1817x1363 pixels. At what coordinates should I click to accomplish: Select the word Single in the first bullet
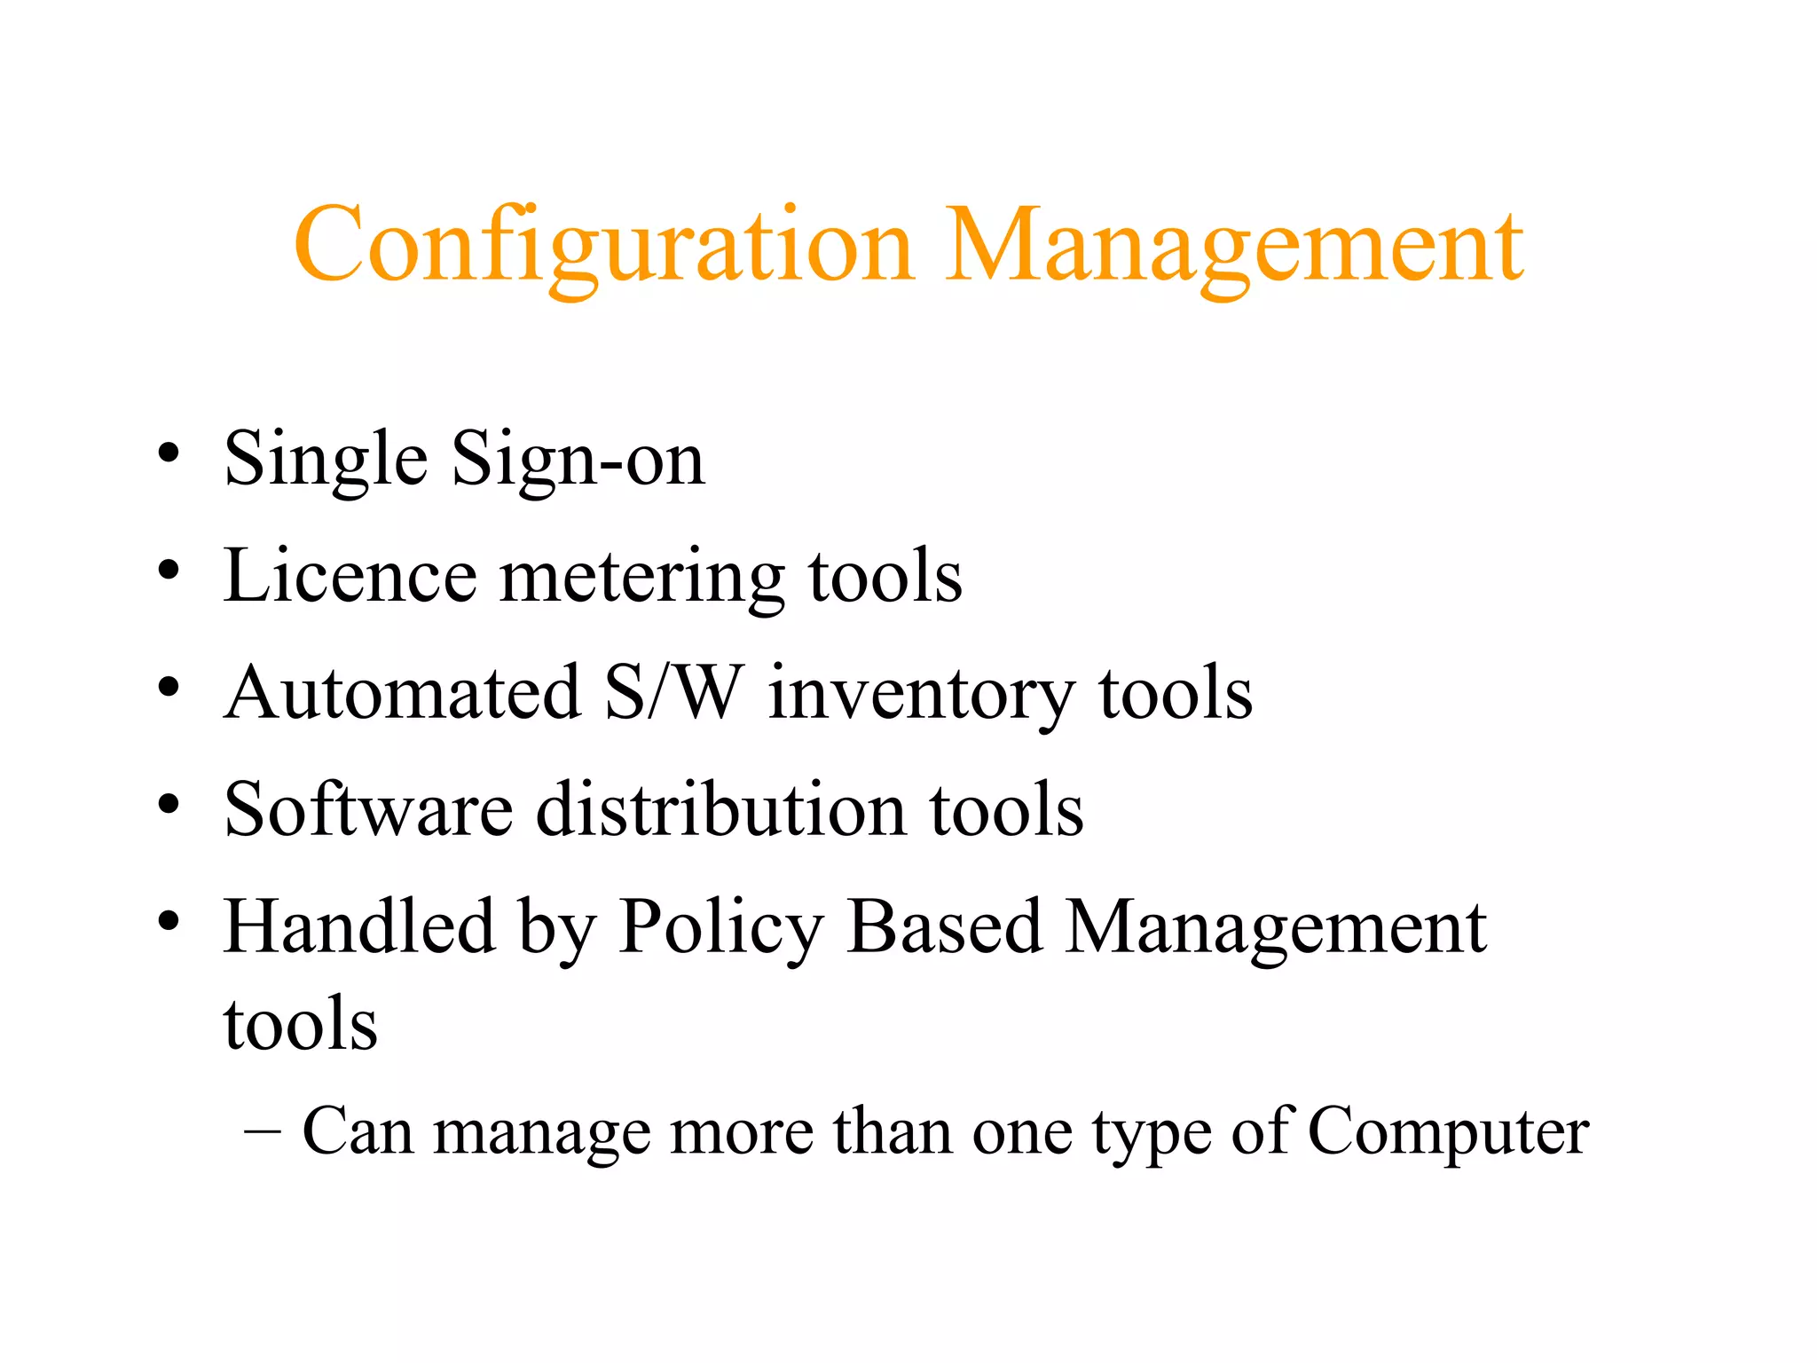(x=326, y=459)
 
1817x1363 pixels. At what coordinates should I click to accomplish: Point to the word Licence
(x=350, y=576)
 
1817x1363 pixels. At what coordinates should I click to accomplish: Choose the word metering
(x=642, y=578)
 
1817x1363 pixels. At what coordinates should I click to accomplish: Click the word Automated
(x=403, y=693)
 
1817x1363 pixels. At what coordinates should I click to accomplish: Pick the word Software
(x=369, y=809)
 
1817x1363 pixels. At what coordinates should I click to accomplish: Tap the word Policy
(x=721, y=928)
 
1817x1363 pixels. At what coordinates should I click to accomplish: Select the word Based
(x=945, y=926)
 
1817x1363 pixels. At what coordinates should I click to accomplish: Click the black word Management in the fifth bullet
(x=1276, y=928)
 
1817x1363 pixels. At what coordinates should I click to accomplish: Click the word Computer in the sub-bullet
(x=1448, y=1132)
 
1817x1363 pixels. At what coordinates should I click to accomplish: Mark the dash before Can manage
(x=262, y=1133)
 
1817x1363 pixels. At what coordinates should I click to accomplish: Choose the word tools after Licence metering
(x=885, y=576)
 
